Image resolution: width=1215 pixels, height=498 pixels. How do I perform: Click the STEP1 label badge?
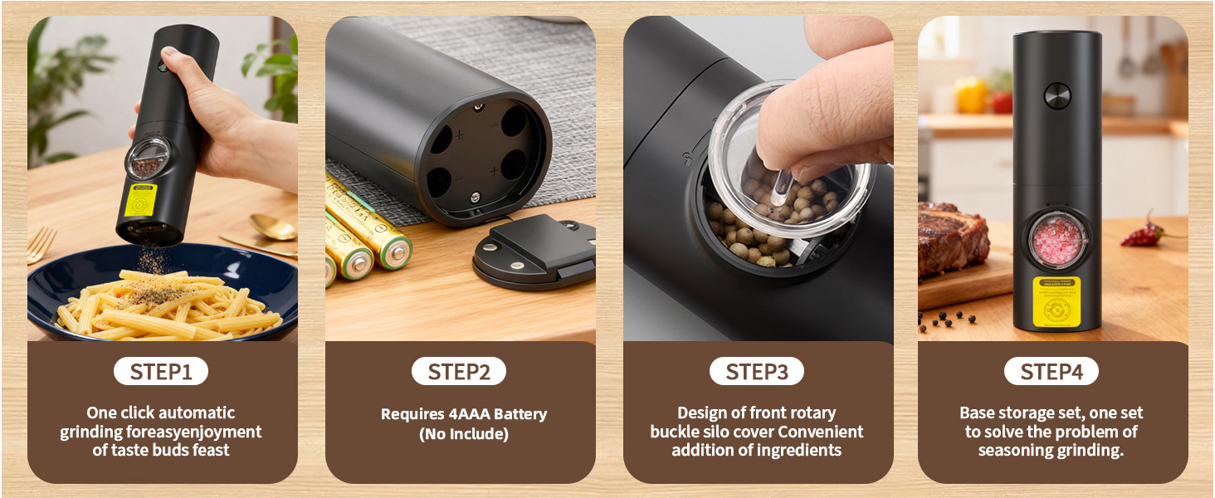[x=161, y=372]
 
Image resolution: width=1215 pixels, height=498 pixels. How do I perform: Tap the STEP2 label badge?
[x=459, y=372]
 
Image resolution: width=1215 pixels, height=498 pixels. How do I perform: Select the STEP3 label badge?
[x=757, y=372]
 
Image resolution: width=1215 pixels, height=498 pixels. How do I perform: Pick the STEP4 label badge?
[x=1052, y=372]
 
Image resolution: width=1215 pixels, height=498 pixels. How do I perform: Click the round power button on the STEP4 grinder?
[x=1056, y=95]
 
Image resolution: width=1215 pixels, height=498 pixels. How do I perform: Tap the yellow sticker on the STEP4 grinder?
[x=1056, y=302]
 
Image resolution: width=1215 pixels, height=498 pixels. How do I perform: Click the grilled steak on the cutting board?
[x=952, y=239]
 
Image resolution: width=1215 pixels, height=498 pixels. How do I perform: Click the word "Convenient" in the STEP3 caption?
[x=821, y=432]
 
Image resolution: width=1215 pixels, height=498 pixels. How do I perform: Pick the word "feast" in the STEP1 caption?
[x=211, y=451]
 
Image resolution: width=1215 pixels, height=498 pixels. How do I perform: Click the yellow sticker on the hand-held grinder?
[x=140, y=199]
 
